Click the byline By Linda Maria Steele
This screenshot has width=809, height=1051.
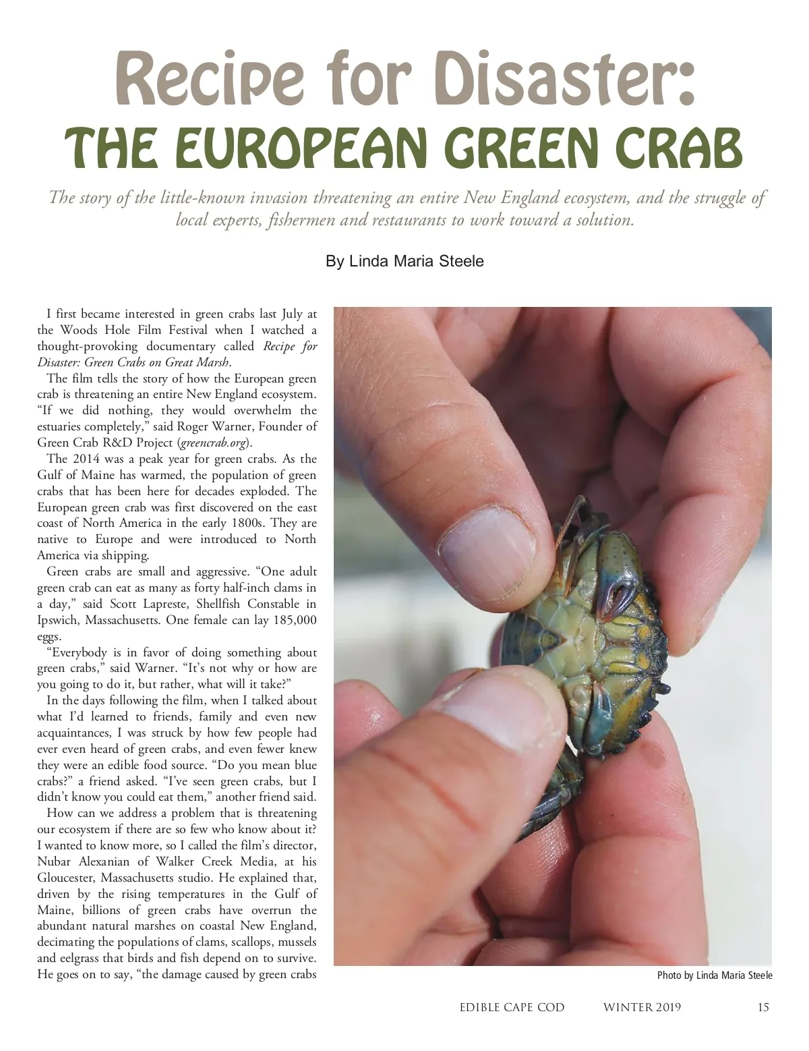coord(404,261)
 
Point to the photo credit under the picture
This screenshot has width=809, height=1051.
coord(715,975)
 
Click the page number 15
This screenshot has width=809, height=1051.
coord(763,1008)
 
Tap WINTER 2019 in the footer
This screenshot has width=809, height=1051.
coord(642,1008)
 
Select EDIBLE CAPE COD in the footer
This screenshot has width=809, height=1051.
coord(512,1008)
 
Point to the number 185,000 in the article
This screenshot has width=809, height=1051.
coord(295,620)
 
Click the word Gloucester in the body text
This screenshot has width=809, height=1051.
coord(65,878)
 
